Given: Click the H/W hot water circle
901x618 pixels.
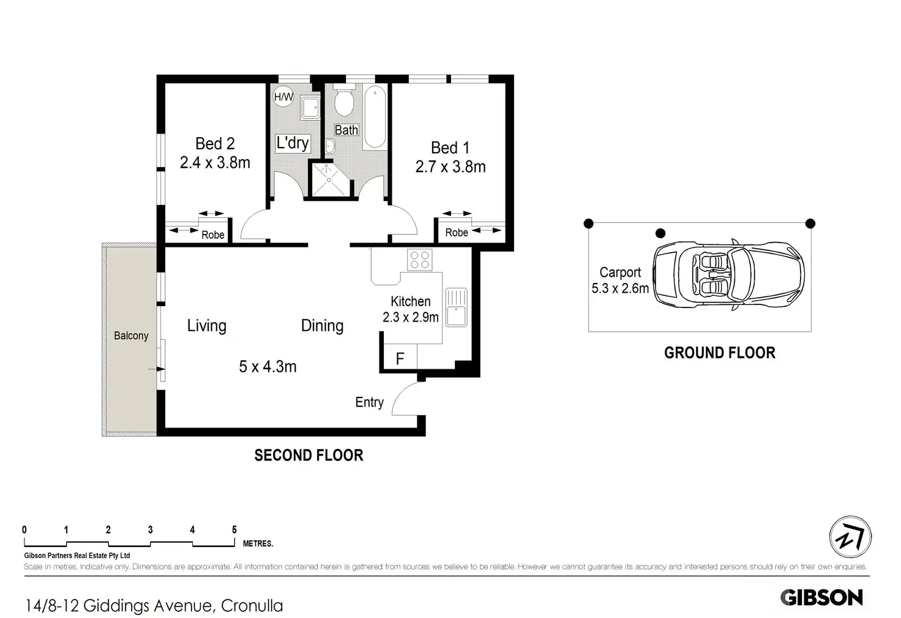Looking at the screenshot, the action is [x=283, y=97].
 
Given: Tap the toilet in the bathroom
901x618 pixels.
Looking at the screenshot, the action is [x=344, y=99].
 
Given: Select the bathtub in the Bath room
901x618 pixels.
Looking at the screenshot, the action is [x=375, y=117].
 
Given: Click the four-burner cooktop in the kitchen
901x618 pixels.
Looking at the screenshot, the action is [x=419, y=260].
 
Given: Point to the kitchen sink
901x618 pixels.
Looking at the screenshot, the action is [x=456, y=307].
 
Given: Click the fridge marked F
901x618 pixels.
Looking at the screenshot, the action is [x=400, y=356].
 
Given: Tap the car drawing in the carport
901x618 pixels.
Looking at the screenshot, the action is [x=728, y=275].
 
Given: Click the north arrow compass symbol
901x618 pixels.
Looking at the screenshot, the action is [x=850, y=537].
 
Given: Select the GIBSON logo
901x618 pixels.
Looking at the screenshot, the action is [x=822, y=597].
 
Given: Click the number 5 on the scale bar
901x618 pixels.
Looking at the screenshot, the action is [x=234, y=530].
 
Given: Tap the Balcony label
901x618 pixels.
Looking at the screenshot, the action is [x=131, y=336].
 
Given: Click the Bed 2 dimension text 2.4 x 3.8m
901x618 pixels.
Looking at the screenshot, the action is [x=215, y=163].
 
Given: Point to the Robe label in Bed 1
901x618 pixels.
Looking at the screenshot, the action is [x=457, y=232].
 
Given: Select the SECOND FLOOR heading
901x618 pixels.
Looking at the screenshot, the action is [x=309, y=455].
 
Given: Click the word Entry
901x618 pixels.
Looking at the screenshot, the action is [x=369, y=402].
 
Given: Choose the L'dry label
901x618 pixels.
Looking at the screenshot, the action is [x=293, y=143].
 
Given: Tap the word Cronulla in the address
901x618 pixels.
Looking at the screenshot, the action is [x=252, y=606].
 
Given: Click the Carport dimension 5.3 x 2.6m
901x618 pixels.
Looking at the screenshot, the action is [x=620, y=288].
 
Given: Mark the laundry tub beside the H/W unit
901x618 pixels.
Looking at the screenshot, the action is [x=310, y=108].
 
